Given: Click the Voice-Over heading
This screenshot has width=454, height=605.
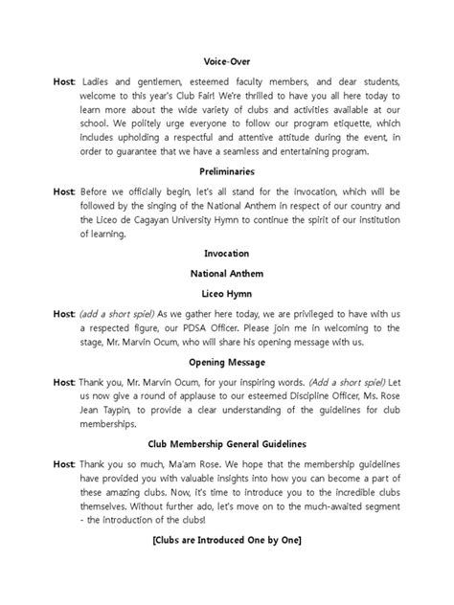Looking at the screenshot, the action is pyautogui.click(x=227, y=59).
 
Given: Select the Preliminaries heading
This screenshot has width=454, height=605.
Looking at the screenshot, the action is pyautogui.click(x=227, y=172).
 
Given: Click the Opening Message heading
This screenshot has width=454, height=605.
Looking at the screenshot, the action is pyautogui.click(x=227, y=365).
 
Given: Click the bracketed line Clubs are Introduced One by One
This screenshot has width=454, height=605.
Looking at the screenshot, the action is pyautogui.click(x=227, y=541).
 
